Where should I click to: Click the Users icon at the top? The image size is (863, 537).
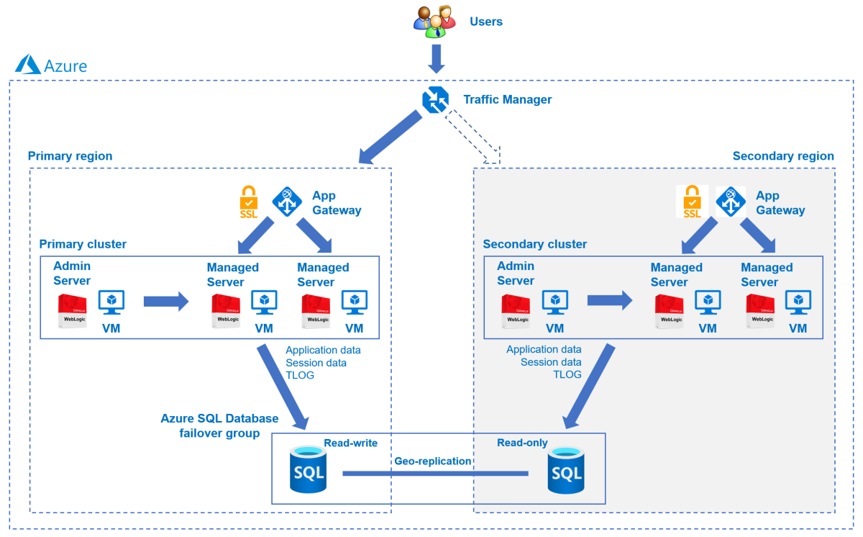point(434,22)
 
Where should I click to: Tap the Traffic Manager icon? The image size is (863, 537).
point(435,100)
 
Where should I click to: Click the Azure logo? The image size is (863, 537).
point(29,65)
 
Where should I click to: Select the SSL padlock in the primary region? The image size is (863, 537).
point(249,202)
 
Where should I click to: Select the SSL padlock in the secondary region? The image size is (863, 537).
point(692,202)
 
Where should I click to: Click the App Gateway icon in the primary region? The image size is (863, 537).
point(286,202)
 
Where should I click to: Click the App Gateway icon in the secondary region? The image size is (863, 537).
point(730,202)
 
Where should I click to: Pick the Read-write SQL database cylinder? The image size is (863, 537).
point(308,469)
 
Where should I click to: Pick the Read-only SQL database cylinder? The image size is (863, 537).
point(565,471)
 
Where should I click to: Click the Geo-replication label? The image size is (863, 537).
point(432,461)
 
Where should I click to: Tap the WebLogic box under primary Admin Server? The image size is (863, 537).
point(73,311)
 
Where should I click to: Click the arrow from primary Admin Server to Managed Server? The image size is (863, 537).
point(165,301)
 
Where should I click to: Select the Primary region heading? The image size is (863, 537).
point(70,156)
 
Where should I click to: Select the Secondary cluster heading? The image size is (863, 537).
point(534,244)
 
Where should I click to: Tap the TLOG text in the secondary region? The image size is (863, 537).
point(567,374)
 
